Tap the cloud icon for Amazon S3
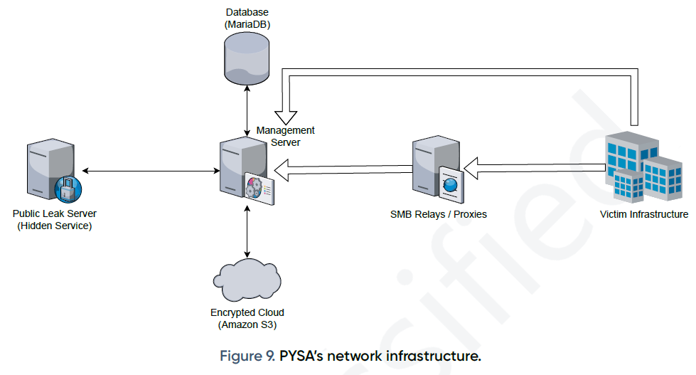pyautogui.click(x=247, y=280)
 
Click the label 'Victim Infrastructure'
pyautogui.click(x=643, y=214)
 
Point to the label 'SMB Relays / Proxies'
pyautogui.click(x=439, y=214)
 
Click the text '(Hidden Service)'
pyautogui.click(x=55, y=226)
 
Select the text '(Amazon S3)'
pyautogui.click(x=247, y=325)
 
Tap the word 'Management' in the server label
pyautogui.click(x=285, y=130)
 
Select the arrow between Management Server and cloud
pyautogui.click(x=247, y=232)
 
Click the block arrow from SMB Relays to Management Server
pyautogui.click(x=341, y=170)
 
